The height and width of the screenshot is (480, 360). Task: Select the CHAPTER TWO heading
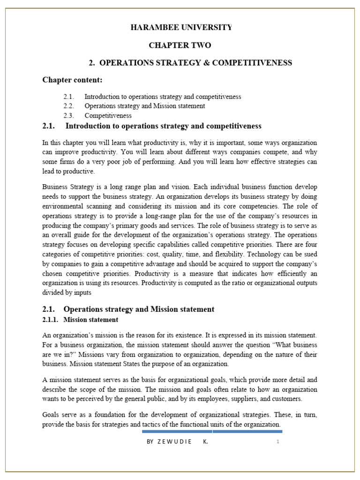[x=180, y=45]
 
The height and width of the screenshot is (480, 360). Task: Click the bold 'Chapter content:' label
[x=72, y=80]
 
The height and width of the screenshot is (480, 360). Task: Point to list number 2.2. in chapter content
[x=69, y=106]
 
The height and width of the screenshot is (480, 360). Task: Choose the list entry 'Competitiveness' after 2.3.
[x=108, y=115]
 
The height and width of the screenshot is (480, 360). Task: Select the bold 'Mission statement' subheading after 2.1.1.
[x=90, y=320]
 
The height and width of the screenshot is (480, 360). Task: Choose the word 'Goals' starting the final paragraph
[x=51, y=414]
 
